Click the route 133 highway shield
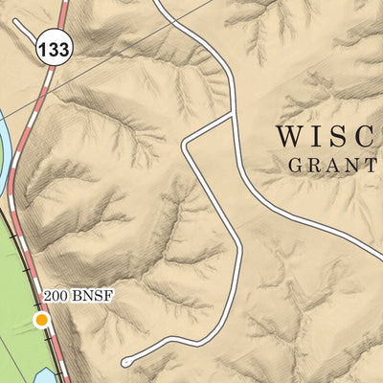(x=55, y=52)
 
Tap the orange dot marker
(x=41, y=319)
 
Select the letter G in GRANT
(x=295, y=165)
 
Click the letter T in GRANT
(x=369, y=165)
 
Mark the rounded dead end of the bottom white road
(x=126, y=361)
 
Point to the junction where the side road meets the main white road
(x=233, y=116)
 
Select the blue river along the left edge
(x=5, y=134)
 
